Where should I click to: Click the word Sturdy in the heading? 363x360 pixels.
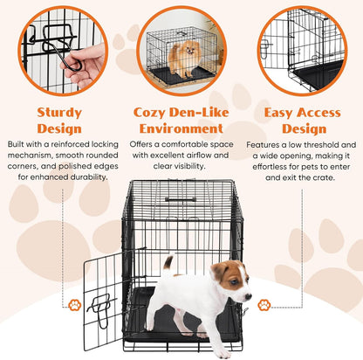coord(58,112)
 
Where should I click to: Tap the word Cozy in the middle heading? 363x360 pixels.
coord(150,112)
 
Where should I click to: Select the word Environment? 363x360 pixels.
coord(181,128)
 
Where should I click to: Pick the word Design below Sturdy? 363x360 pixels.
coord(58,128)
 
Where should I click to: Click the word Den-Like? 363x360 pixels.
coord(202,112)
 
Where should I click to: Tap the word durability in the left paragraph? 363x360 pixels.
coord(86,177)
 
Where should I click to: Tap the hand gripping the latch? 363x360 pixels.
coord(81,63)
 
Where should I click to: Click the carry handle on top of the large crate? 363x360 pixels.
coord(181,199)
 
